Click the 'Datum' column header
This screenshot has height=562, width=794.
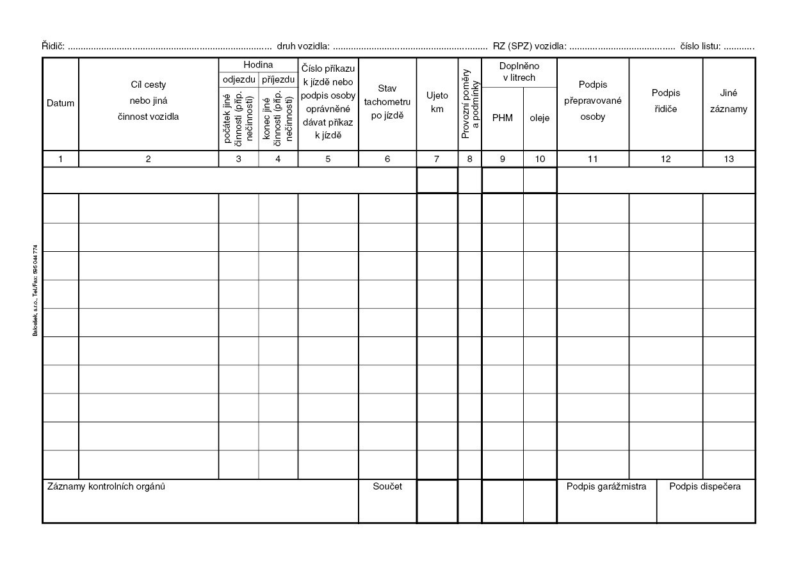(60, 103)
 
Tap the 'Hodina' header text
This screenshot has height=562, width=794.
(258, 65)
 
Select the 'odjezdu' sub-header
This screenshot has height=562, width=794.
(238, 79)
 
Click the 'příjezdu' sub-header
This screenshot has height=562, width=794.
(279, 79)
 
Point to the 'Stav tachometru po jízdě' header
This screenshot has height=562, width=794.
(387, 102)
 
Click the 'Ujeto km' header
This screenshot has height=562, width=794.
(437, 102)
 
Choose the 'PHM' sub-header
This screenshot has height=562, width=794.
(503, 118)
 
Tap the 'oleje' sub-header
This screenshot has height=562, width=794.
(540, 118)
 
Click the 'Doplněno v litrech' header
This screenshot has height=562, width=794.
(519, 72)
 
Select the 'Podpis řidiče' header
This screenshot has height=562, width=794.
(666, 101)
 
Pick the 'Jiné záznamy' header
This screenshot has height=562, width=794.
(729, 101)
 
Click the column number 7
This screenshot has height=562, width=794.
(437, 160)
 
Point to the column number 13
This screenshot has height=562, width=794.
(729, 160)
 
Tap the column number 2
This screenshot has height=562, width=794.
(149, 160)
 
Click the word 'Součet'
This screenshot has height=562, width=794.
(387, 486)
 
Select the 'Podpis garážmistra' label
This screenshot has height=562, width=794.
(606, 486)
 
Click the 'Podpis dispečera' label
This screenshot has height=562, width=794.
(705, 486)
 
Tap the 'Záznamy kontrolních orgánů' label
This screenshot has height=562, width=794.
(106, 486)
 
